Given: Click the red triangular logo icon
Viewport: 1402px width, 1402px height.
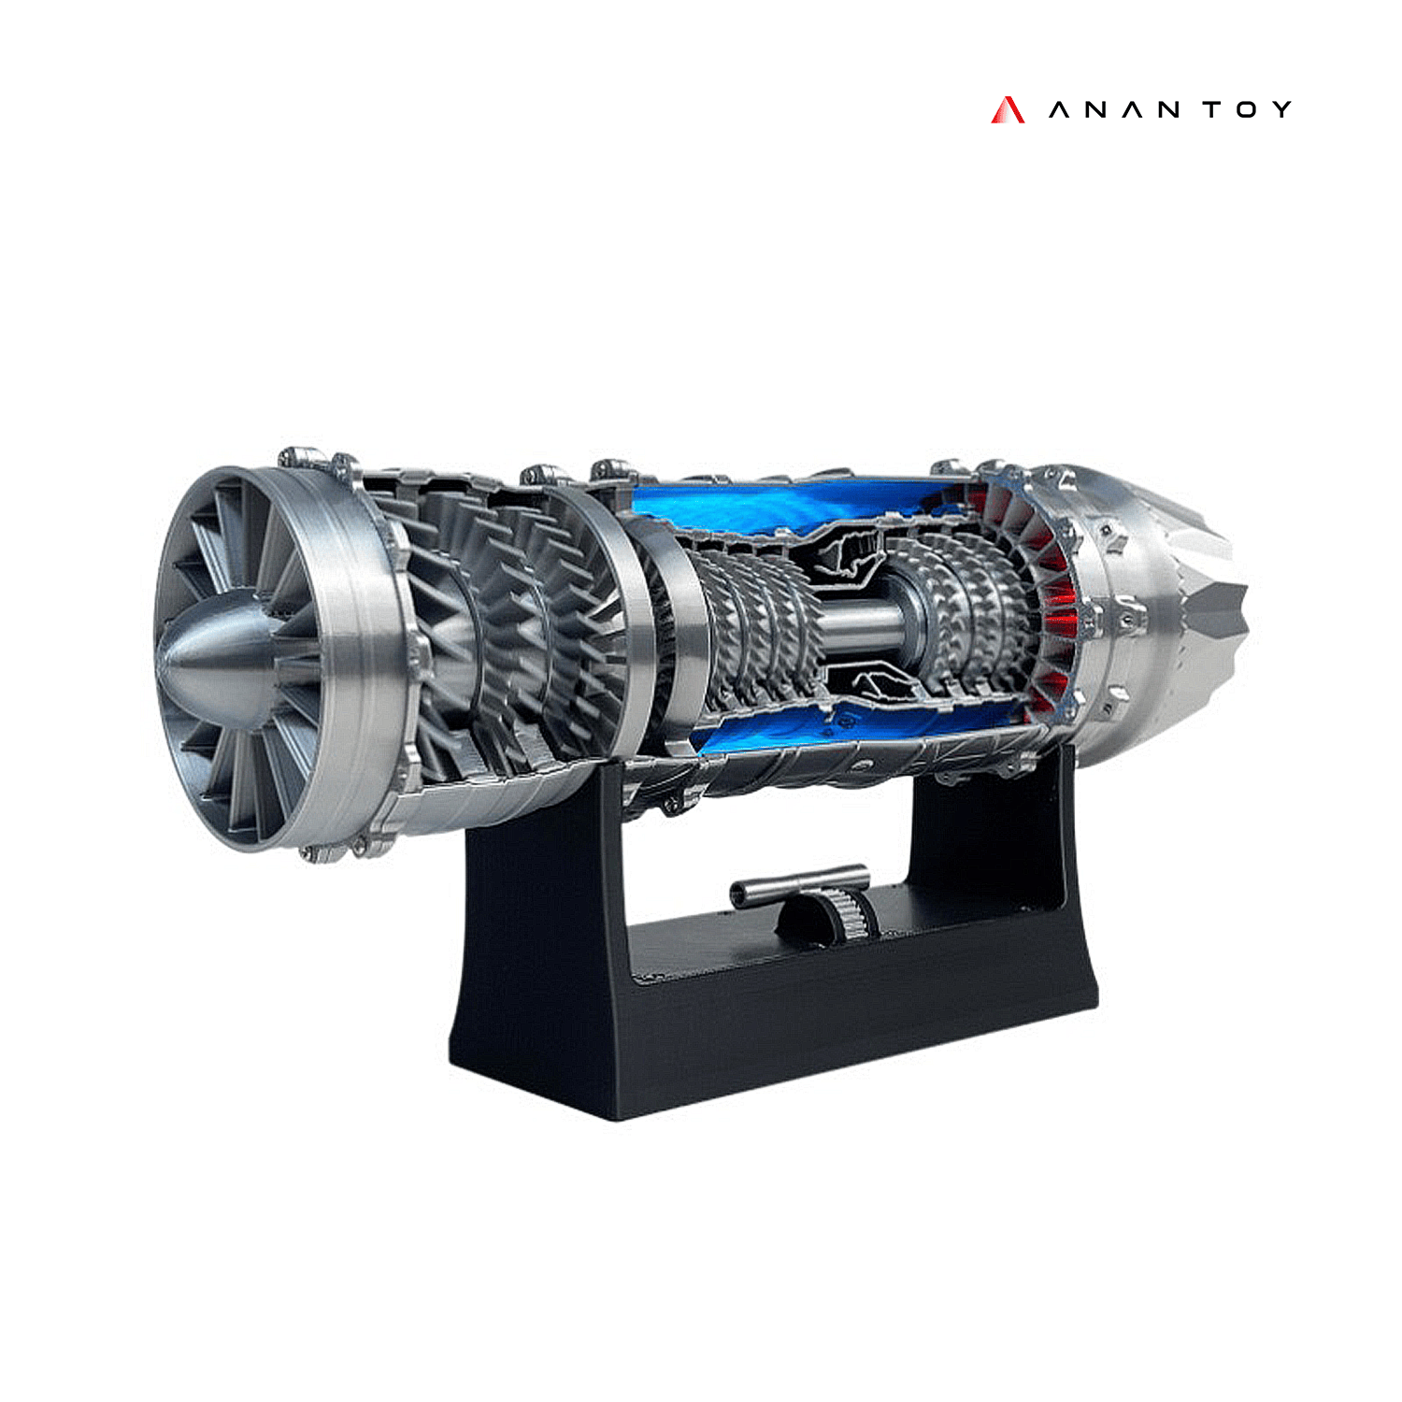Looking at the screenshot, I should tap(1007, 110).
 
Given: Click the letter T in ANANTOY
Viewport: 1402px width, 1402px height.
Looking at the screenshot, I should tap(1211, 110).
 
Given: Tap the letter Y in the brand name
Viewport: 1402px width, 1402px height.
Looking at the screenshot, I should tap(1281, 110).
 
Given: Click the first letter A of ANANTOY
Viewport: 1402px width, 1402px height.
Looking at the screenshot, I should tap(1058, 110).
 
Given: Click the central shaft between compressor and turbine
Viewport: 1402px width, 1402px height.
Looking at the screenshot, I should tap(860, 622).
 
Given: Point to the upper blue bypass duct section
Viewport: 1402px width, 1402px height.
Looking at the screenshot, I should tap(776, 505).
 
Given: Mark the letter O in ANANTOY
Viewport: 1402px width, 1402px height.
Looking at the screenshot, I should tap(1246, 110).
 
